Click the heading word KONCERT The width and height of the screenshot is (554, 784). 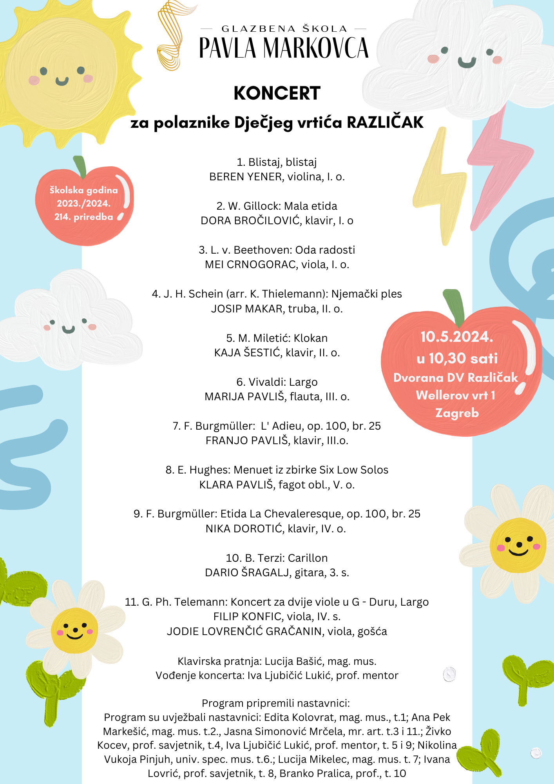click(277, 93)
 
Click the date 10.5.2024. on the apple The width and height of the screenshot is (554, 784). click(456, 337)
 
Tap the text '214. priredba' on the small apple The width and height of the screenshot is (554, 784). click(83, 217)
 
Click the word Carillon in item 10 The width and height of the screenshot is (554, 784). click(308, 558)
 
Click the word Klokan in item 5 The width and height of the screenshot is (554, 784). click(311, 338)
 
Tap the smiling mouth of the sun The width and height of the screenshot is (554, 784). click(62, 82)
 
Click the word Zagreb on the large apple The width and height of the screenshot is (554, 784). click(457, 413)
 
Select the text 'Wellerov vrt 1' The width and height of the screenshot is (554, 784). click(456, 395)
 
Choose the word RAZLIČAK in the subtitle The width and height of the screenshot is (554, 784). click(385, 122)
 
